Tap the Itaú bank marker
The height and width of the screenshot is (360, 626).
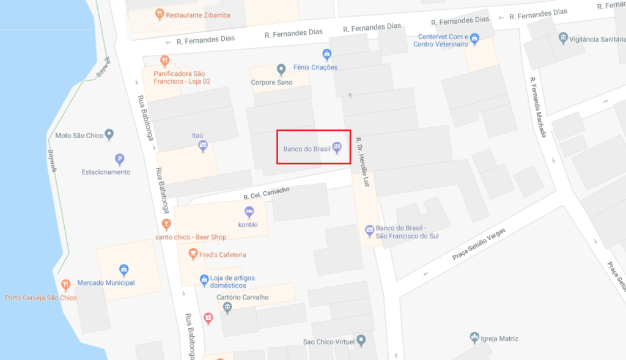click(x=204, y=145)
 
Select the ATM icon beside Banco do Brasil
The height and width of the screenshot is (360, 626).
click(x=336, y=148)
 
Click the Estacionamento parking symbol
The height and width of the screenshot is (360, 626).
click(x=120, y=160)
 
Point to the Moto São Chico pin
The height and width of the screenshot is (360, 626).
click(x=109, y=134)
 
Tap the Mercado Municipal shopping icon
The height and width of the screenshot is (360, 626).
click(x=123, y=270)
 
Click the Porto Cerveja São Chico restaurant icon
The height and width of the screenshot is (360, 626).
click(x=66, y=285)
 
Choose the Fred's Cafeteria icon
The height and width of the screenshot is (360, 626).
click(x=193, y=254)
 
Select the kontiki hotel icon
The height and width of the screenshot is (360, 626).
click(x=249, y=212)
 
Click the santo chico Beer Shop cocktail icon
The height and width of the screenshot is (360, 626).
click(x=165, y=224)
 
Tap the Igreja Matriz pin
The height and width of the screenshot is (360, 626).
click(x=474, y=337)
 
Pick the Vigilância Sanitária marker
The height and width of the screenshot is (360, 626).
click(x=563, y=39)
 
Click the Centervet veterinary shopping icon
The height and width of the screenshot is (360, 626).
click(x=474, y=40)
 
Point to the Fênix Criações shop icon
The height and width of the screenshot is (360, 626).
click(x=327, y=54)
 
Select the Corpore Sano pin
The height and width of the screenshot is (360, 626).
click(x=281, y=69)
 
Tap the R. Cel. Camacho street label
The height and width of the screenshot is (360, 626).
click(x=266, y=194)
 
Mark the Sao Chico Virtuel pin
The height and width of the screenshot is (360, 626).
click(x=361, y=340)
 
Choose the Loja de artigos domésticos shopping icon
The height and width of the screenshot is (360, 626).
click(x=205, y=281)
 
